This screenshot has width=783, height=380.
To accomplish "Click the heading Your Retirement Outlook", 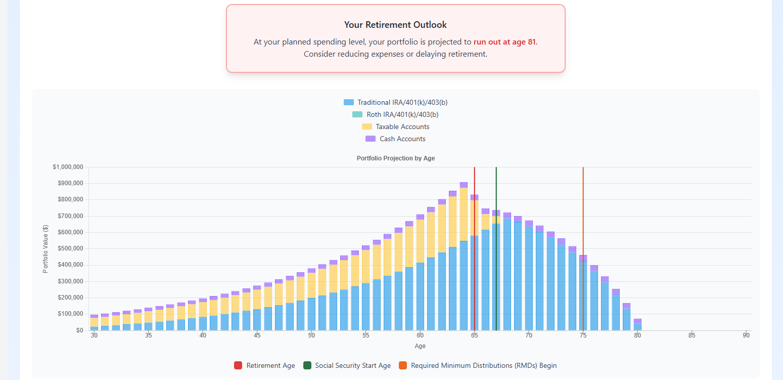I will tap(395, 25).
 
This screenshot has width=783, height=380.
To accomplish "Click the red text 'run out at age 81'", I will tap(504, 42).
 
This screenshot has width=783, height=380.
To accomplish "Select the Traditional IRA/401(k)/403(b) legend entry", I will tap(395, 102).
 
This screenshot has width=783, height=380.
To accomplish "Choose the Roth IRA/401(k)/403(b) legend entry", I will tap(395, 114).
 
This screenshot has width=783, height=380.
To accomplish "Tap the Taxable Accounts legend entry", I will tap(395, 126).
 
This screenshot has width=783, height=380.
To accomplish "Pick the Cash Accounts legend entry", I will tap(395, 139).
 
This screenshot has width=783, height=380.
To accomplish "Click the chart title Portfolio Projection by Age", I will tap(395, 158).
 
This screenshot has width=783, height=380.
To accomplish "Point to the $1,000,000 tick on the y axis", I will tap(67, 167).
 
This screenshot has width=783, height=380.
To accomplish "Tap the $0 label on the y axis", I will tap(79, 330).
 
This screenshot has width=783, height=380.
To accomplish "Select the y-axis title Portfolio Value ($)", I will tap(45, 249).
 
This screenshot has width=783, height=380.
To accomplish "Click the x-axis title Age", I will tap(420, 346).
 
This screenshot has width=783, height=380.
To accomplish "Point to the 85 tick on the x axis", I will tap(692, 335).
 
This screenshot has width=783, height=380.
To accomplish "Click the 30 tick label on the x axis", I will tap(94, 335).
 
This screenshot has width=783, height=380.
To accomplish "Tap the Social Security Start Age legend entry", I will tap(347, 365).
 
